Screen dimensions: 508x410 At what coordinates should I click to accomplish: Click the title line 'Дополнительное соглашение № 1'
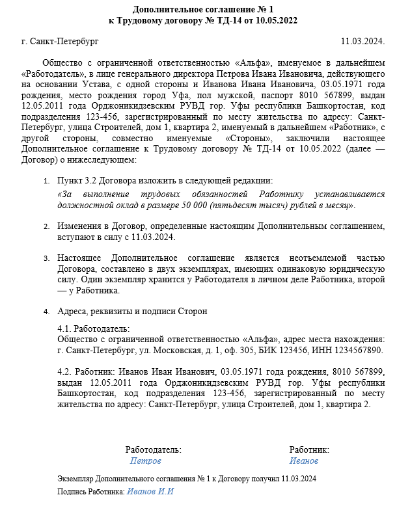[205, 9]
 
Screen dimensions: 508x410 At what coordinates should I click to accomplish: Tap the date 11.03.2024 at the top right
[363, 42]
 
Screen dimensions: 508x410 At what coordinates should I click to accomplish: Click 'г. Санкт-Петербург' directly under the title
[60, 42]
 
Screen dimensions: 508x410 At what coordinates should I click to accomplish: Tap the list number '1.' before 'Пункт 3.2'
[46, 180]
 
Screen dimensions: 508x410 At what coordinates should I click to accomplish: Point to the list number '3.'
[46, 258]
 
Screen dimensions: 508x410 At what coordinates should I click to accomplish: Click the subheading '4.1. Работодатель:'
[94, 329]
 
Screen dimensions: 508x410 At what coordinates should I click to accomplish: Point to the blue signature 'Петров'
[146, 461]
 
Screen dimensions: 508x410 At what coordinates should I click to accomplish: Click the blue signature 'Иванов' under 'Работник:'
[304, 461]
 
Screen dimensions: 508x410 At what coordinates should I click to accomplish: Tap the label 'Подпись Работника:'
[91, 492]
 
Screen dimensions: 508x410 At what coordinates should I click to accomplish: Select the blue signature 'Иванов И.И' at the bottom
[151, 491]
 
